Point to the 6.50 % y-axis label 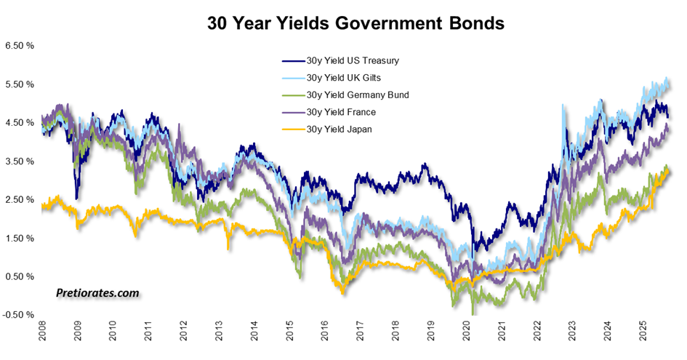click(20, 46)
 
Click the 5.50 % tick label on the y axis click(20, 84)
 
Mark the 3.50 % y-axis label click(20, 161)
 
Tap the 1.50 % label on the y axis click(20, 239)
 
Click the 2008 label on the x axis click(42, 335)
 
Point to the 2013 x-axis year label click(218, 335)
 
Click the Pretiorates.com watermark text click(97, 293)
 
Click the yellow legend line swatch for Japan click(293, 130)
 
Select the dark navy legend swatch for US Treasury click(293, 60)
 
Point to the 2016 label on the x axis click(324, 335)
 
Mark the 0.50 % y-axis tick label click(20, 277)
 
